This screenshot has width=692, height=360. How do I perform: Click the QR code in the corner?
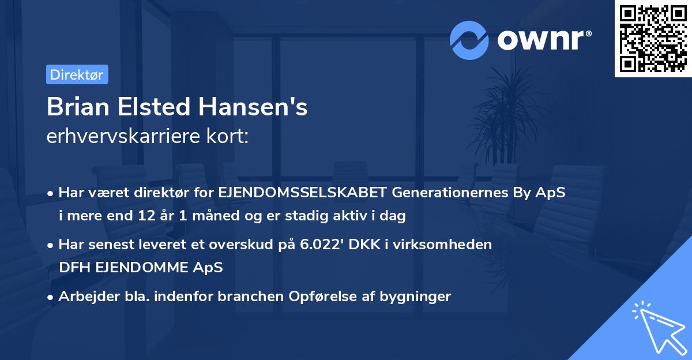pos(653,39)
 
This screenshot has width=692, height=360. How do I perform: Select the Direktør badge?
pos(77,74)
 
